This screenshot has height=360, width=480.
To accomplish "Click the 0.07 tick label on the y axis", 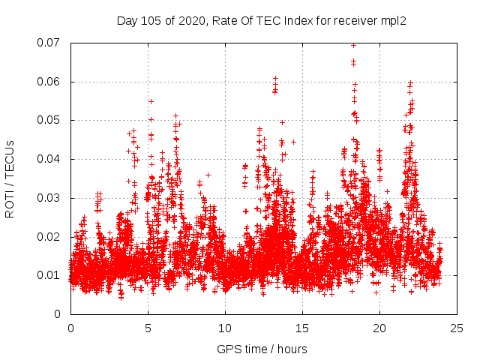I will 51,43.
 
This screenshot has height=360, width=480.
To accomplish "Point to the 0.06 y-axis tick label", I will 51,82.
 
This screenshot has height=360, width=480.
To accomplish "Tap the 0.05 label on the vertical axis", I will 51,120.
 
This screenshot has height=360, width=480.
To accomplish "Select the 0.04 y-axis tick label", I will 51,159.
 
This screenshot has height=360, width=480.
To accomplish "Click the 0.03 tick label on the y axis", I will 51,198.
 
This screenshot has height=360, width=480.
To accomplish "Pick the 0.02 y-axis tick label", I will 51,237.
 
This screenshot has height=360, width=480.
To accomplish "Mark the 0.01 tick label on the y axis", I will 51,275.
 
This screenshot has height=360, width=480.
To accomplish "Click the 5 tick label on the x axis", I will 148,328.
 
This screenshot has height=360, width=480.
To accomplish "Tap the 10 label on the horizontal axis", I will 225,328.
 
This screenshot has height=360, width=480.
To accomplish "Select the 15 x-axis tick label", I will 302,328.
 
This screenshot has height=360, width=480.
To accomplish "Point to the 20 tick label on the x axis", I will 379,328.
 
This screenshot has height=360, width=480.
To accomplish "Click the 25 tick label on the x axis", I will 457,328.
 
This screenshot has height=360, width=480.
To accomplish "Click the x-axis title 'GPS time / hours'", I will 262,349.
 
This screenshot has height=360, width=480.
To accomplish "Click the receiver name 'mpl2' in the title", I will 392,21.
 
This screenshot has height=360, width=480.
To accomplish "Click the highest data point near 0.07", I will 354,45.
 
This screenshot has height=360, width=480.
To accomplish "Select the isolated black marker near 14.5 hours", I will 294,142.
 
